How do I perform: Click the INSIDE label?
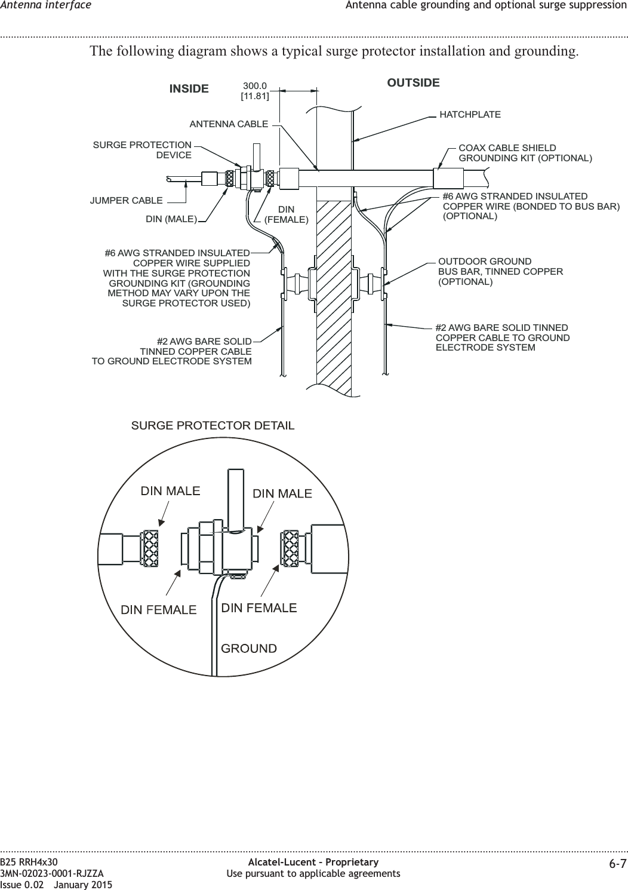(x=189, y=89)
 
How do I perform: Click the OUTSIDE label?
(x=413, y=83)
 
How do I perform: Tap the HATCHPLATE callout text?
(x=470, y=114)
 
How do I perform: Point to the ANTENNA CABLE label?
(x=229, y=124)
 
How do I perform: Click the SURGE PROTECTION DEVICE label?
(x=143, y=151)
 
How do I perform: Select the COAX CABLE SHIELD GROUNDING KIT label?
(x=525, y=153)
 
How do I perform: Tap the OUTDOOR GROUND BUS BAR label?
(x=500, y=272)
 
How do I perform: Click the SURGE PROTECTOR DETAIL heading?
(x=213, y=426)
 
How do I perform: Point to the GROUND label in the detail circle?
(x=249, y=648)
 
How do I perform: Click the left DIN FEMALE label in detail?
(x=159, y=610)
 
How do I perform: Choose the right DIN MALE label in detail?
(x=282, y=493)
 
